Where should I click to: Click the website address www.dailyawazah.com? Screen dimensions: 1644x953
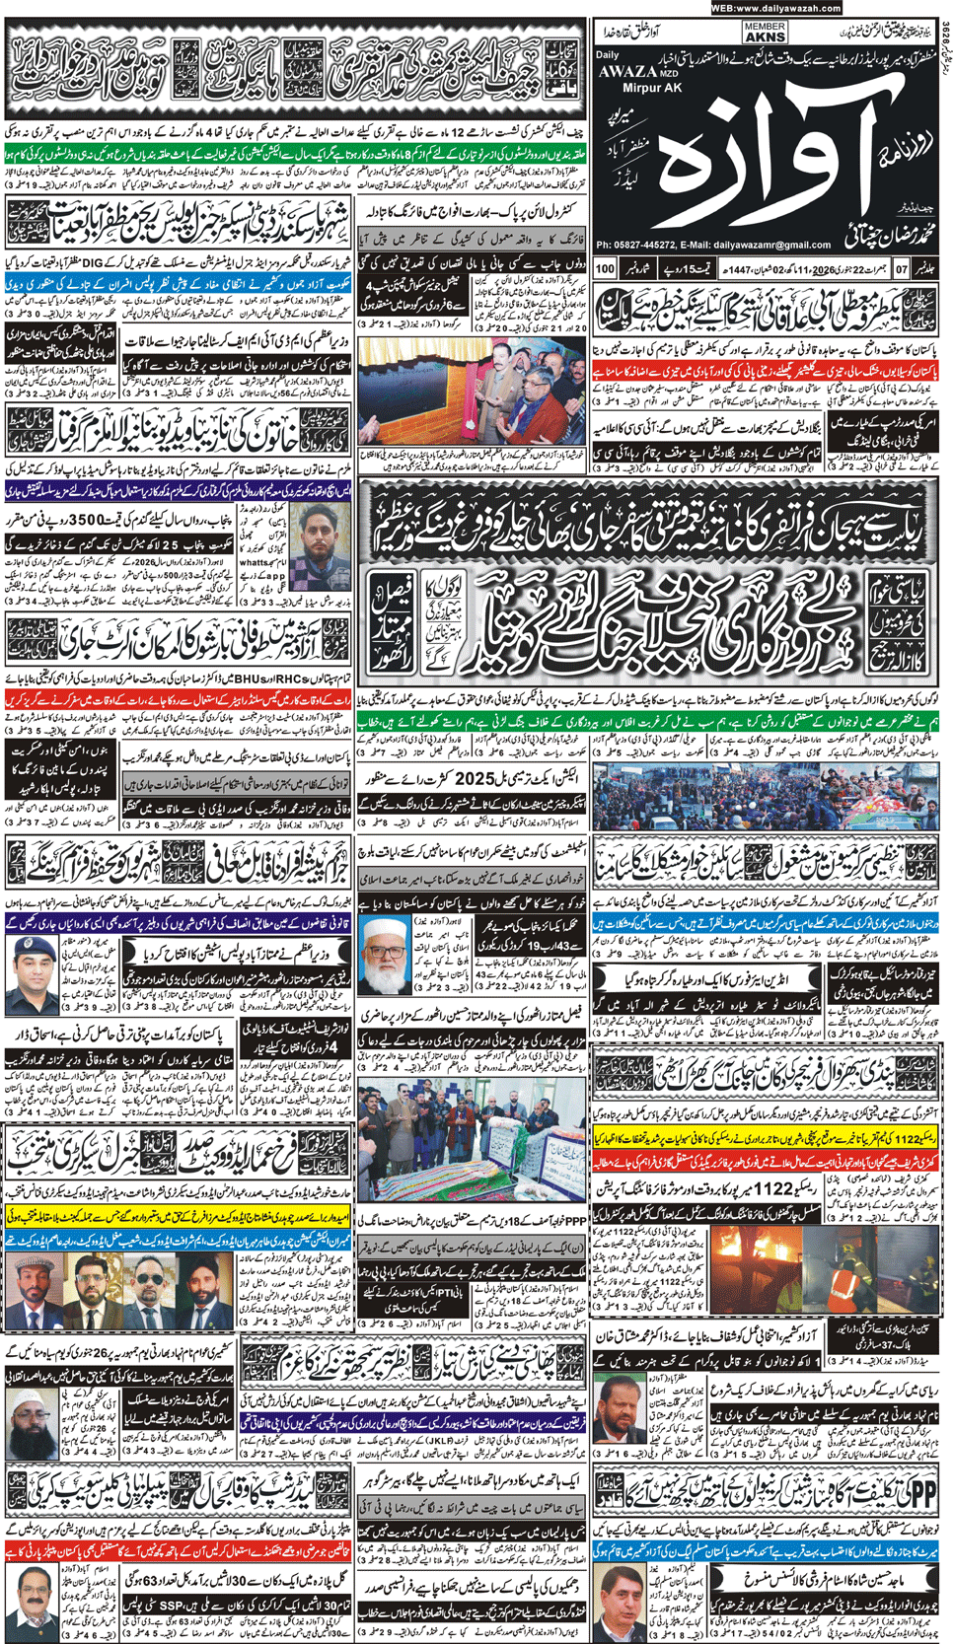(x=775, y=8)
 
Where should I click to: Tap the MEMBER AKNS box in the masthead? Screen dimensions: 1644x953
(x=765, y=33)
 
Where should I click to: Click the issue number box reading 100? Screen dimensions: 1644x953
(x=606, y=268)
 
